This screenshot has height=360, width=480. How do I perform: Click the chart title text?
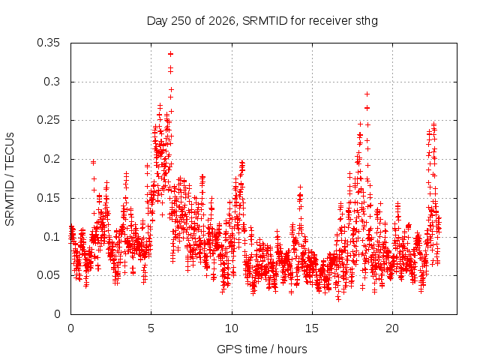coord(262,21)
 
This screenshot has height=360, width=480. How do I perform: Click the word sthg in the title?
coord(367,21)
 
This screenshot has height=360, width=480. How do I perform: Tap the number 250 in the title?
coord(181,21)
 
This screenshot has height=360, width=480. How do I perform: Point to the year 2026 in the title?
coord(222,21)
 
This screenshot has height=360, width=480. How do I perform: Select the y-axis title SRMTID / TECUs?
coord(10,179)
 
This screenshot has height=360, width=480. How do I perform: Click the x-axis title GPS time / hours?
coord(262,349)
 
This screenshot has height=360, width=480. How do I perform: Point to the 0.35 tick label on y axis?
coord(48,43)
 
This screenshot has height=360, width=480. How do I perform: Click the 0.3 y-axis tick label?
coord(52,82)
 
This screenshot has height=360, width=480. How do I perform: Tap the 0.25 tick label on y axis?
coord(48,120)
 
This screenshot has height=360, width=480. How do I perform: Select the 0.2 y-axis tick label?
coord(52,159)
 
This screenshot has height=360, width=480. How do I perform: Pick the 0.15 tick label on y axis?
coord(48,198)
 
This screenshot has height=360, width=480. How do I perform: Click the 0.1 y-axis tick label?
coord(52,237)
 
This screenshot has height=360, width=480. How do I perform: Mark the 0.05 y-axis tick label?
coord(48,275)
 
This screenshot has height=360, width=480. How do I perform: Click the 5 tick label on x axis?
coord(151,328)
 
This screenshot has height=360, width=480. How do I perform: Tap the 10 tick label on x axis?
coord(232,328)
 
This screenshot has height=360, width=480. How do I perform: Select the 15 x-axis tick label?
coord(312,328)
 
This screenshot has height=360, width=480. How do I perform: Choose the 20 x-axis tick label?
coord(392,328)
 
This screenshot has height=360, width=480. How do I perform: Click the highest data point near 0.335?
coord(170,54)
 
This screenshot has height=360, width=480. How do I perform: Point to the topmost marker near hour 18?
coord(367,94)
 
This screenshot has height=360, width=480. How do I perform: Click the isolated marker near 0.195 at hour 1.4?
coord(93,162)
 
